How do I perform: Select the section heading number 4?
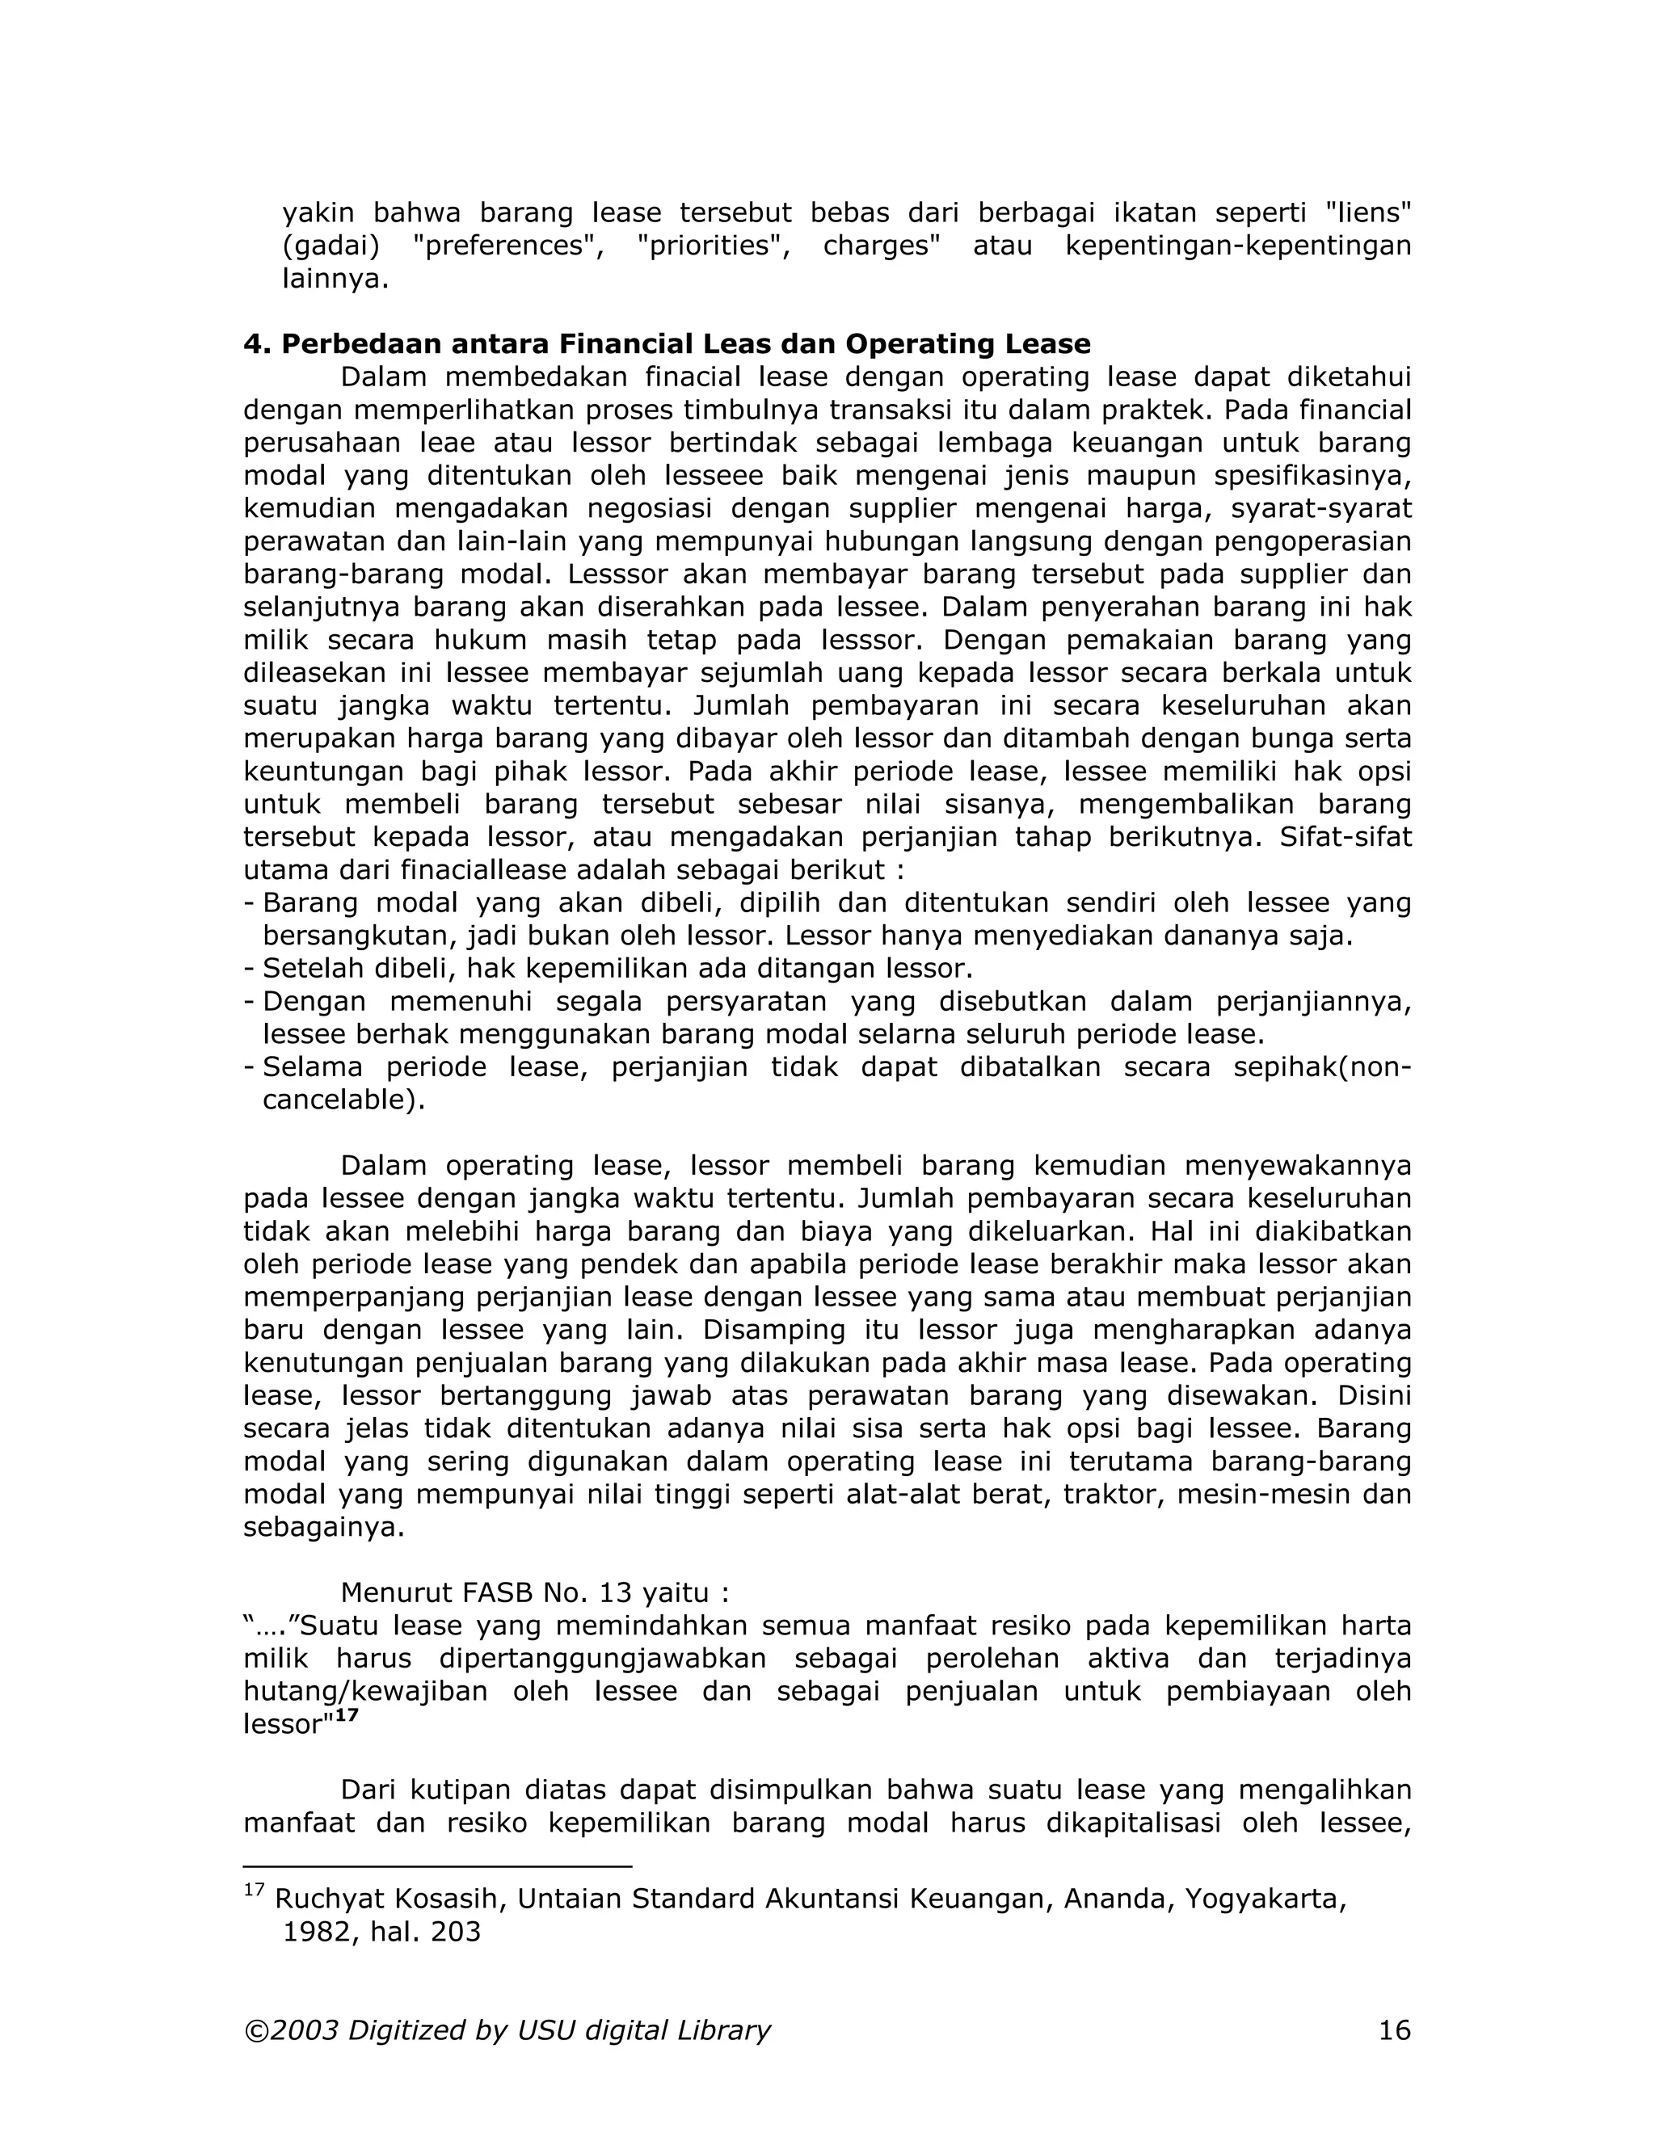(x=254, y=344)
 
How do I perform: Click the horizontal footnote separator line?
(x=437, y=1866)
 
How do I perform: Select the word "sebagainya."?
(x=323, y=1527)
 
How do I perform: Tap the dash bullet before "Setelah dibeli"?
(x=249, y=969)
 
